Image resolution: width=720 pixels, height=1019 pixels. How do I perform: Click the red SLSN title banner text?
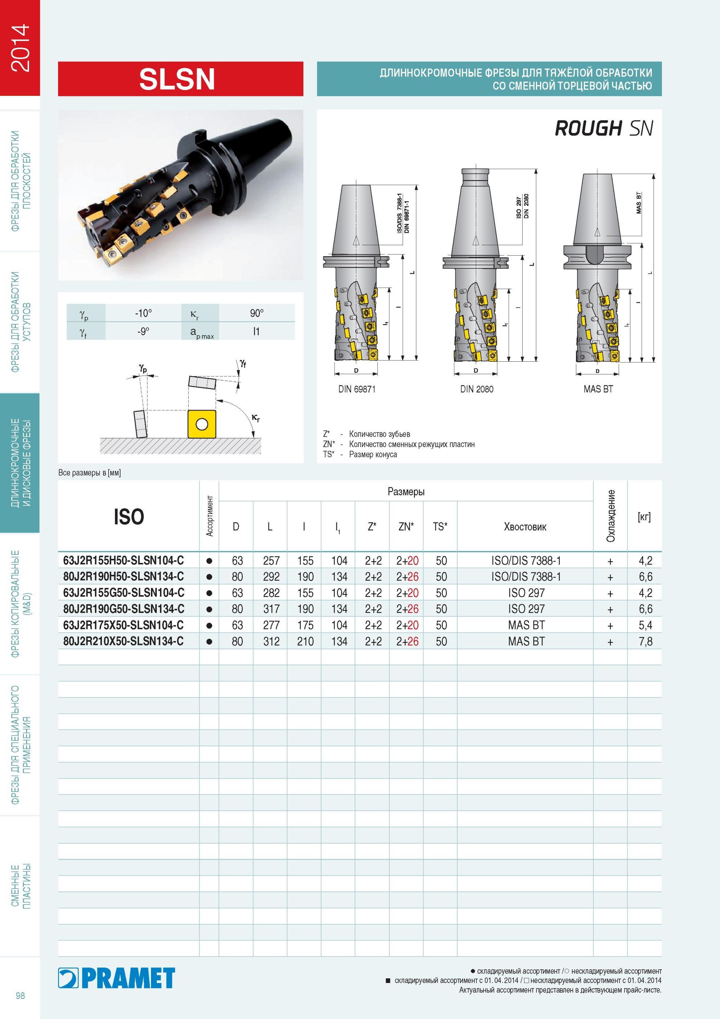tap(177, 79)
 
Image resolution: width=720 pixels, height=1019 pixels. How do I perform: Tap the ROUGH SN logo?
tap(604, 128)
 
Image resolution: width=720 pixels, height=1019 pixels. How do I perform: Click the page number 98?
tap(20, 995)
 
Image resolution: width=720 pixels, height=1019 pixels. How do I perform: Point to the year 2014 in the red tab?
tap(20, 48)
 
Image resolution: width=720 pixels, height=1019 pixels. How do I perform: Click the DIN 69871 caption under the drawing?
tap(357, 389)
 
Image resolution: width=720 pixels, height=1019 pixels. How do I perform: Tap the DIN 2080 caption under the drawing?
tap(476, 389)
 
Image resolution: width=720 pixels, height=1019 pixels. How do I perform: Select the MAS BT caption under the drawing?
tap(598, 389)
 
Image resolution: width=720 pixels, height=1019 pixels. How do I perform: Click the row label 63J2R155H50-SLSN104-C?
tap(123, 561)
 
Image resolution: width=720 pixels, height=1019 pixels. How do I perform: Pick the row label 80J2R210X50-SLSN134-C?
tap(123, 641)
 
